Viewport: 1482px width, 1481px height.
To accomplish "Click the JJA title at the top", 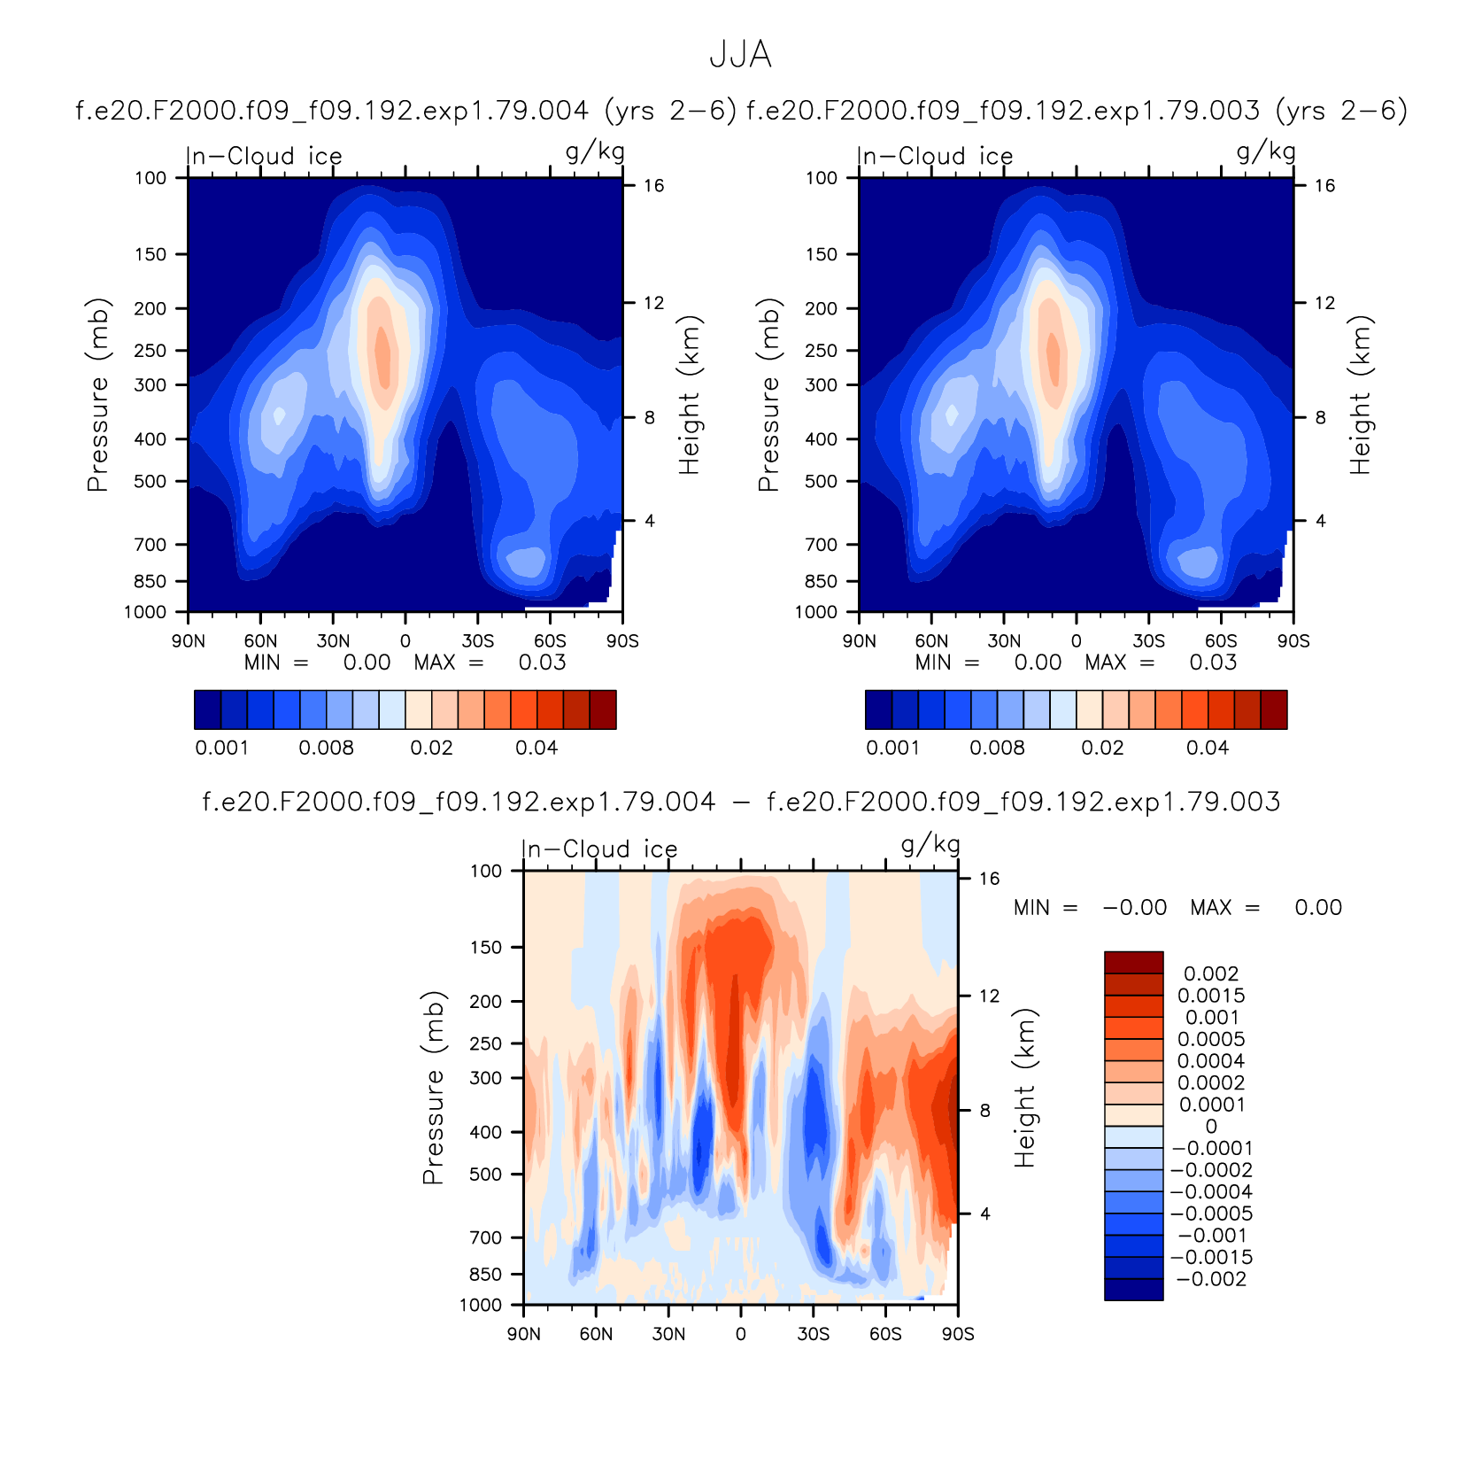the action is (x=740, y=55).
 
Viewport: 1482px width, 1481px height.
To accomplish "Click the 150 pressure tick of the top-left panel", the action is (x=151, y=254).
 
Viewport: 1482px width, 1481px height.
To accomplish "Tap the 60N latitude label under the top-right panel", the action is (x=931, y=640).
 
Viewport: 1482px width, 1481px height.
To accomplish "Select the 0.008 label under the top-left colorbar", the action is (x=326, y=748).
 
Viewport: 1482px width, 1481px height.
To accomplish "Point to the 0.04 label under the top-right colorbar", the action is (x=1208, y=748).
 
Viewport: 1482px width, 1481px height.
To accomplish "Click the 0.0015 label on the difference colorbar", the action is (x=1211, y=996).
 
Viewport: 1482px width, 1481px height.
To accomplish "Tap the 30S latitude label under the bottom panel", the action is (x=813, y=1334).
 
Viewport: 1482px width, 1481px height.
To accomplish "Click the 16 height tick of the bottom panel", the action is (x=989, y=879).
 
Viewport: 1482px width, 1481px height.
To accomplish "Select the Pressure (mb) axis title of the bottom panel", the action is (x=432, y=1088).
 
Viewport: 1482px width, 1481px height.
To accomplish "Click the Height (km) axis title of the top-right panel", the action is (x=1360, y=395).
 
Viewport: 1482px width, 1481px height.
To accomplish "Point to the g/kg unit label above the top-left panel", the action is (x=595, y=151).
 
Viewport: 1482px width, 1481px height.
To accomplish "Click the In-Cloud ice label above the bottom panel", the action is (x=599, y=849).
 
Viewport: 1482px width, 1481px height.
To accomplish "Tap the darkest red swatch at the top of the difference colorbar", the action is (x=1133, y=962).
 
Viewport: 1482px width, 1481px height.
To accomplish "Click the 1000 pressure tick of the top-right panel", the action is (x=815, y=612).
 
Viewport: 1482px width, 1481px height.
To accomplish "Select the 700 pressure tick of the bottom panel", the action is (x=485, y=1237).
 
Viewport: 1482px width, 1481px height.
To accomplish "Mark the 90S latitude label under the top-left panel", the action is (x=622, y=640).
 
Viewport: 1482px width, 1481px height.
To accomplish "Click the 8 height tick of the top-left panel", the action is (x=650, y=417).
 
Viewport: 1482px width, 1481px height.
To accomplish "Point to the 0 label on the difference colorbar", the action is (x=1211, y=1127).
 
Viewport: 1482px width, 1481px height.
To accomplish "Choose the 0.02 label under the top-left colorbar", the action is (x=431, y=748).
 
